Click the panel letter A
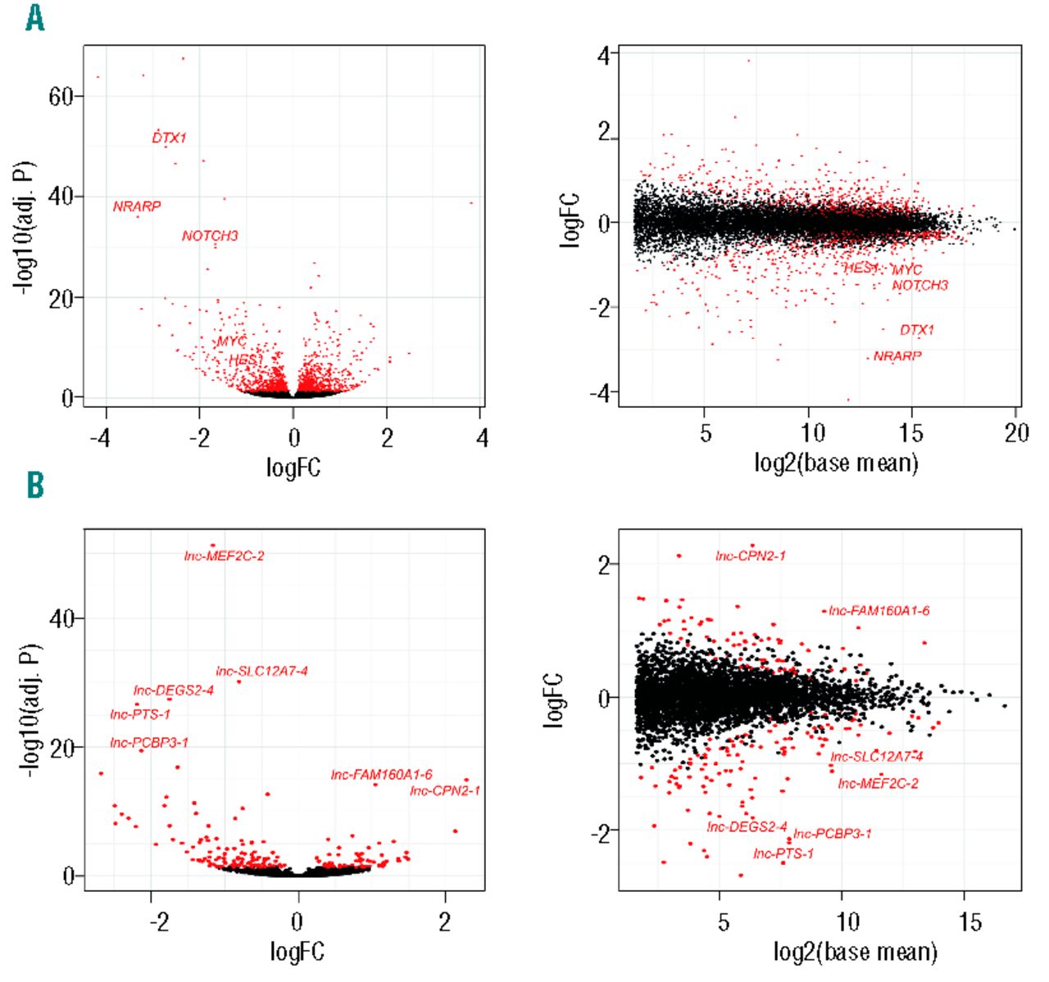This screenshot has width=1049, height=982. [x=34, y=17]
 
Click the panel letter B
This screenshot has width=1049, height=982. [x=35, y=486]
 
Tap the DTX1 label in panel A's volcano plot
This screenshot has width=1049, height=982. [x=170, y=138]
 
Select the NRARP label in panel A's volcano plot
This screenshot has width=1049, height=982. [x=137, y=206]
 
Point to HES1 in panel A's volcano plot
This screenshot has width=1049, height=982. [x=245, y=360]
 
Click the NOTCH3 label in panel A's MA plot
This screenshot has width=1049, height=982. [x=920, y=285]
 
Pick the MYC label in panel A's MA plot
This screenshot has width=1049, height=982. [x=906, y=269]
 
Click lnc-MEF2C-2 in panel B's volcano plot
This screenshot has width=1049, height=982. [x=224, y=556]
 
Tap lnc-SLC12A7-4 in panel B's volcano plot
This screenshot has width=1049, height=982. [x=261, y=672]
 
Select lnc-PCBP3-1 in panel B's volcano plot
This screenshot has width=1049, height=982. [x=149, y=743]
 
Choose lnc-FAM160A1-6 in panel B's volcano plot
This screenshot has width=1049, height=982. [x=381, y=775]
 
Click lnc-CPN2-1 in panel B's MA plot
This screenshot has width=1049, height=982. [x=750, y=556]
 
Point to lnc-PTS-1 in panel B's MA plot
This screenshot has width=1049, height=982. [x=783, y=853]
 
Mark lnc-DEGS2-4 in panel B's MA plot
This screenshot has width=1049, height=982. [x=747, y=827]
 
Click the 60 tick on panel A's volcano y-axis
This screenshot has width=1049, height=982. [x=61, y=97]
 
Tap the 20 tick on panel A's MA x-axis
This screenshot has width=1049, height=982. [x=1016, y=433]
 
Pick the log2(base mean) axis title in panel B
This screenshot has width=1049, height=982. [x=856, y=952]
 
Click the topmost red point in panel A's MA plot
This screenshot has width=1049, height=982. [x=747, y=60]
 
